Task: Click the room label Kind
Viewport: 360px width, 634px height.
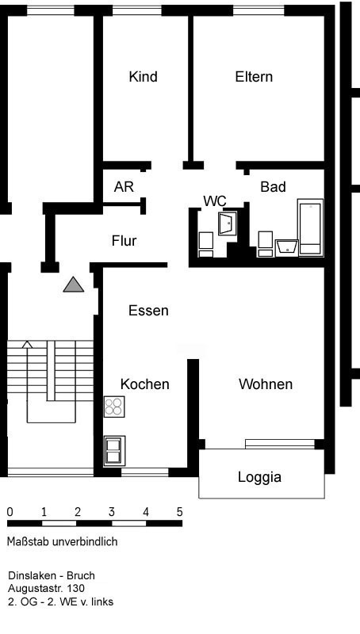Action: point(144,76)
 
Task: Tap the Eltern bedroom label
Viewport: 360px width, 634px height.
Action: point(254,76)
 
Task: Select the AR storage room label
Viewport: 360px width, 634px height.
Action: point(124,187)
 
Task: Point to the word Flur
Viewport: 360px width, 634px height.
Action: point(124,241)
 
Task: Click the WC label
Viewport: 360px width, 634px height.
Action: point(215,201)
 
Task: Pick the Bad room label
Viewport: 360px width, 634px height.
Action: point(273,187)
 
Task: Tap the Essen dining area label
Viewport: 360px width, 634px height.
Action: point(148,311)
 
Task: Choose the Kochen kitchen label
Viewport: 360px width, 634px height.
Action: point(145,384)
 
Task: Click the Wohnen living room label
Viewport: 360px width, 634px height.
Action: point(266,384)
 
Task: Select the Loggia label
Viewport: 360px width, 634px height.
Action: point(259,477)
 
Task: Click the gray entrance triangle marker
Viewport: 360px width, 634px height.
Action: point(74,285)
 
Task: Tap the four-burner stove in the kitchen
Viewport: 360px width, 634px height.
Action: point(114,407)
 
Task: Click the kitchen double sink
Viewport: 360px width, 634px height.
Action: point(114,450)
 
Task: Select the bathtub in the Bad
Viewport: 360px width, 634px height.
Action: point(311,227)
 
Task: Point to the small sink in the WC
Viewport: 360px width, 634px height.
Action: point(228,224)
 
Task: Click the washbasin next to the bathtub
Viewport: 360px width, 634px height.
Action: point(287,248)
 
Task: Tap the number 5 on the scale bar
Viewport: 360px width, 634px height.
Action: point(179,512)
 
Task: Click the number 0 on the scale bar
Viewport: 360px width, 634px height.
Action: point(10,512)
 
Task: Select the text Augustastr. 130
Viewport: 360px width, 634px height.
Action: point(46,589)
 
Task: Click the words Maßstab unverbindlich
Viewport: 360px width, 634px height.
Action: point(63,541)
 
